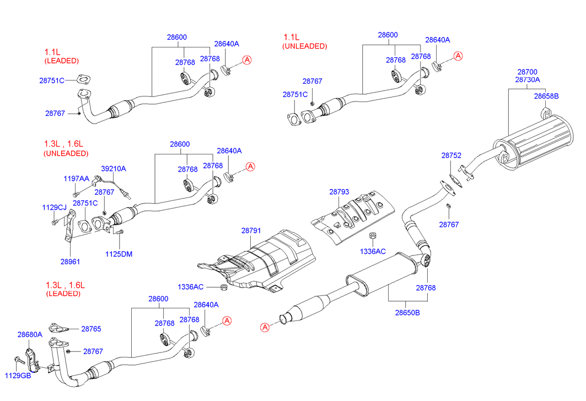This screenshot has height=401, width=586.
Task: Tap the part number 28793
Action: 339,192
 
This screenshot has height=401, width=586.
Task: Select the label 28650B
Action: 407,312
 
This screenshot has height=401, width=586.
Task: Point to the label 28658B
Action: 546,96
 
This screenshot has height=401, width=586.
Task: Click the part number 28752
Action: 451,156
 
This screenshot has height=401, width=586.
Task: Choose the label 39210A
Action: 113,168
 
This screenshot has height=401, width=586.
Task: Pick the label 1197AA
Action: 76,179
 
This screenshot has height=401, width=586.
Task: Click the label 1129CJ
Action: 54,207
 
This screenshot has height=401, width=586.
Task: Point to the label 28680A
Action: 30,335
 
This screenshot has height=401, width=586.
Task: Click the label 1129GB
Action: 18,376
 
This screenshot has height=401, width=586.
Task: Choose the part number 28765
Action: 91,329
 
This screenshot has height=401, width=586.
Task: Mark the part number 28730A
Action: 528,80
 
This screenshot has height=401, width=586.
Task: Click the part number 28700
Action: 526,72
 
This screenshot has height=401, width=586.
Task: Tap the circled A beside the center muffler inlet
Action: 265,328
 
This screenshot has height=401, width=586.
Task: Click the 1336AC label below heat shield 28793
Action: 373,251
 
